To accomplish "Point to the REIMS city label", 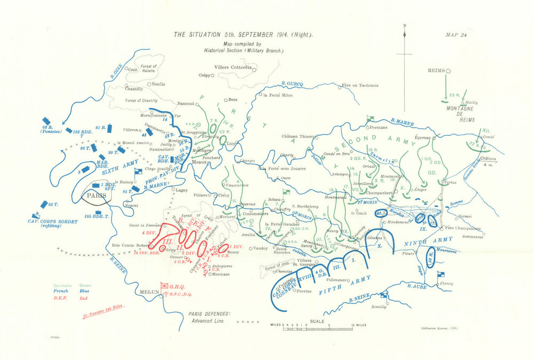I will point(436,71).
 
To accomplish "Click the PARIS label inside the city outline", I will point(93,195).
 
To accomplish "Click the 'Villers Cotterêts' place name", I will point(232,67).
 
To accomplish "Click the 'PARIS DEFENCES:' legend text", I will point(206,314).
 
